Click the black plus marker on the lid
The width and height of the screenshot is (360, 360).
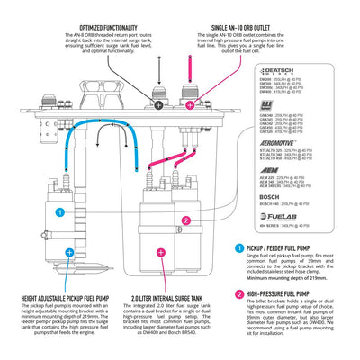159,80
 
